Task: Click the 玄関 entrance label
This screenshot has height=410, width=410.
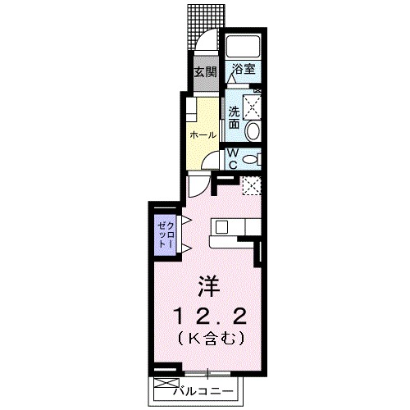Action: click(x=204, y=73)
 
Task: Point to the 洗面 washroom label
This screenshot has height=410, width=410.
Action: click(x=234, y=117)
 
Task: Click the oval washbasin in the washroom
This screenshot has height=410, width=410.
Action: click(x=253, y=130)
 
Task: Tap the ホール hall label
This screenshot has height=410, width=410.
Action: click(x=203, y=134)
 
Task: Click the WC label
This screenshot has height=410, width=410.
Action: click(x=233, y=158)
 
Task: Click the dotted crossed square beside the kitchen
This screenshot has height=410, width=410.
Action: click(x=251, y=186)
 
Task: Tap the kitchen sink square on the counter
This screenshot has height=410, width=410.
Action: click(x=222, y=225)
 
